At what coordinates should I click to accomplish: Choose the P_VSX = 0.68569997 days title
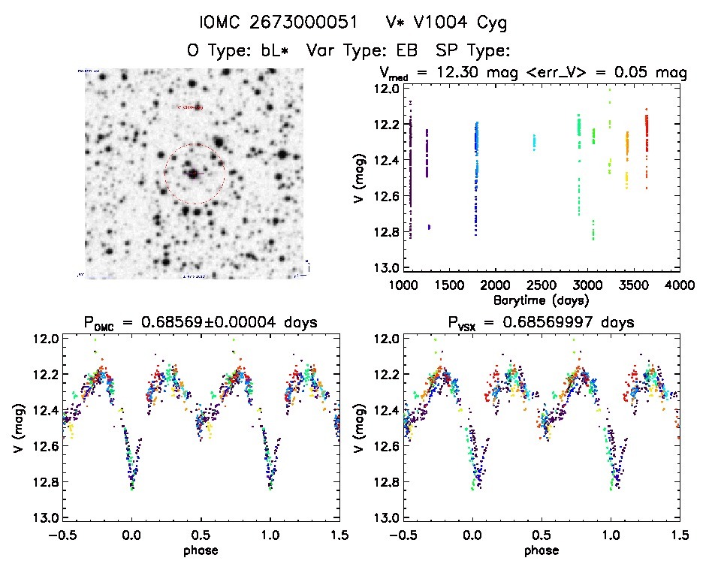pos(534,323)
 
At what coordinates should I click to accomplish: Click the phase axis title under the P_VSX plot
pos(542,549)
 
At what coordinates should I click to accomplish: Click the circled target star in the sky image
pos(194,173)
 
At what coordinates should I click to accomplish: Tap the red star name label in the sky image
pos(189,107)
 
